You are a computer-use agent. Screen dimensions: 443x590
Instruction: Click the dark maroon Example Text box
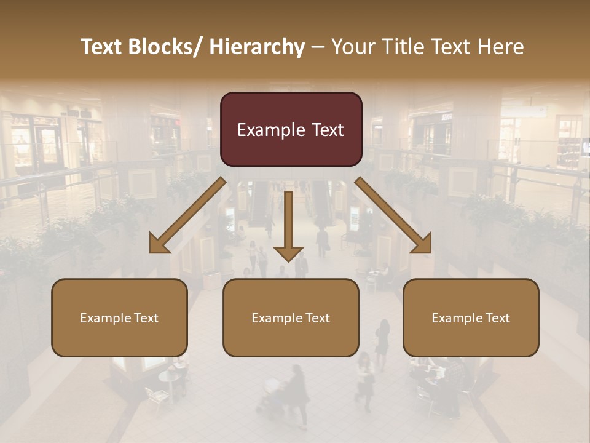point(291,129)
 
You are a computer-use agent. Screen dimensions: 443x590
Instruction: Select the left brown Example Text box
point(119,317)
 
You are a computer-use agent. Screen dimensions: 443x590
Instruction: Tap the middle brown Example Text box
point(291,317)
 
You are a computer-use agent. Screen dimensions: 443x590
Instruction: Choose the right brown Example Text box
point(471,317)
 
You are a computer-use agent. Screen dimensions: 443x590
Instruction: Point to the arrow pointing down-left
point(187,215)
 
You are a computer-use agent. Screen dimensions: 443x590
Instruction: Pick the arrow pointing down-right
point(393,215)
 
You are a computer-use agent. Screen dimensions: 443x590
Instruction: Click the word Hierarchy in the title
point(257,47)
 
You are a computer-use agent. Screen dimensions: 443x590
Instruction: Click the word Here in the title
point(500,47)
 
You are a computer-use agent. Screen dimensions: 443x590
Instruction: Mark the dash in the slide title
point(318,47)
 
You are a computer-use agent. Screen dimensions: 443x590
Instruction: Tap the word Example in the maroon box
point(271,130)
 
